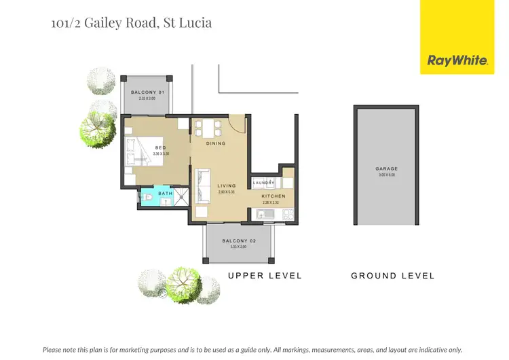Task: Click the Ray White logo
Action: pos(457,60)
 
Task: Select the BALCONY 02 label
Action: pos(238,241)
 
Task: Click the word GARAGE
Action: pos(386,168)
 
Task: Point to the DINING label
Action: pos(216,143)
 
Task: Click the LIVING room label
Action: pos(226,185)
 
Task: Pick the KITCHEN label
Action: pos(274,196)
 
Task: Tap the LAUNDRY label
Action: pos(263,183)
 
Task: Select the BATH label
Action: pos(166,194)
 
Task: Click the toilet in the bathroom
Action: pos(148,198)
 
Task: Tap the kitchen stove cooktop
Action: pos(286,215)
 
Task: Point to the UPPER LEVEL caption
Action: pos(265,276)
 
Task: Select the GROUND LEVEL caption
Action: pos(392,276)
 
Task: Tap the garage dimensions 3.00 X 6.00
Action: pos(386,175)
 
